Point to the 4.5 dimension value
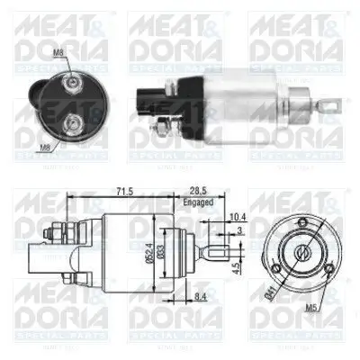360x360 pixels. click(235, 267)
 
